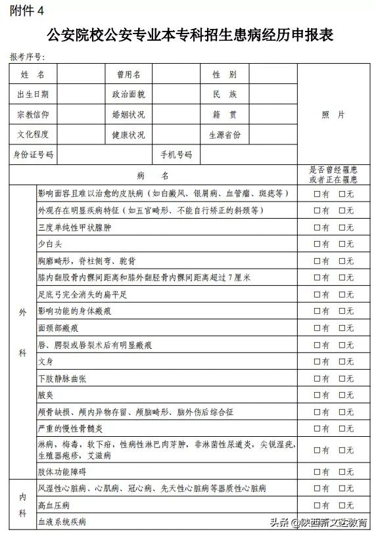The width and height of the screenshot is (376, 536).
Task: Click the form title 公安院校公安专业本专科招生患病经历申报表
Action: click(190, 35)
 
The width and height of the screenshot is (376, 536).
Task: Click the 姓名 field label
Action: click(33, 75)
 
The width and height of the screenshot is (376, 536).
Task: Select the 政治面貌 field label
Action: click(128, 95)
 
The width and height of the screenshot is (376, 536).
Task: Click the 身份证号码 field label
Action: click(33, 155)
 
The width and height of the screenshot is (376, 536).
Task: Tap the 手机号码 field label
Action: click(176, 155)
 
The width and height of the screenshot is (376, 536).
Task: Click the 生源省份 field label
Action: click(225, 135)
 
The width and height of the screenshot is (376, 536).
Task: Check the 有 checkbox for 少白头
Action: click(317, 244)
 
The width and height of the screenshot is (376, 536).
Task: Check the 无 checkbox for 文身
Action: click(342, 362)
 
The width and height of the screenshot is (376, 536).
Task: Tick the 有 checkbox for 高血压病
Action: click(317, 506)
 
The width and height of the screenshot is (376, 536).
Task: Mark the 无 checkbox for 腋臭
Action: click(342, 395)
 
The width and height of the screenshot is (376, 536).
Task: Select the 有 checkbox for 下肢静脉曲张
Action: click(317, 379)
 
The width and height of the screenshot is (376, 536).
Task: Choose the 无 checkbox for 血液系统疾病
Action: click(342, 523)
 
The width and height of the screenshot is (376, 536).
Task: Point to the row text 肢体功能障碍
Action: click(62, 472)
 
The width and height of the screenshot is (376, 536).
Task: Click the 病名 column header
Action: click(153, 175)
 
